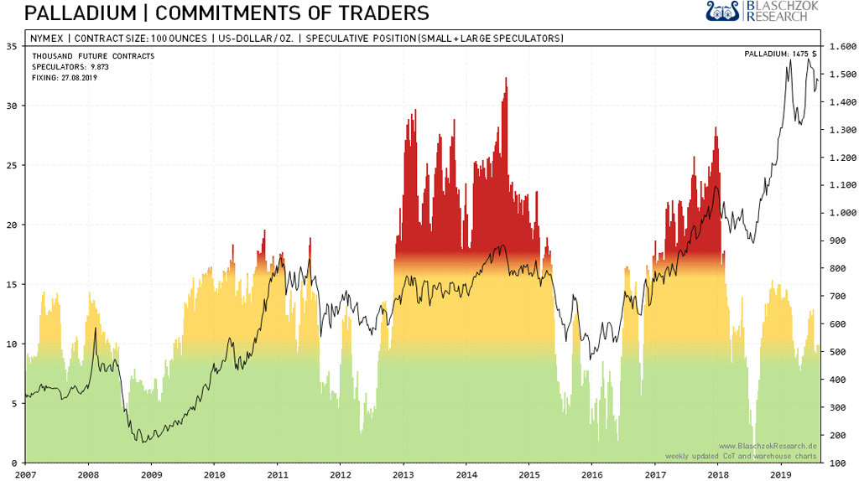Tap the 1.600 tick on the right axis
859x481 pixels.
pyautogui.click(x=841, y=47)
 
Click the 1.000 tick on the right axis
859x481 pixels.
pyautogui.click(x=841, y=213)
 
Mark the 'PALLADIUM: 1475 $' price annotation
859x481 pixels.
pyautogui.click(x=780, y=54)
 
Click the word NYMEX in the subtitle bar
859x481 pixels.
pyautogui.click(x=47, y=39)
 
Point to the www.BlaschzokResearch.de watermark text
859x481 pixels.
pyautogui.click(x=767, y=446)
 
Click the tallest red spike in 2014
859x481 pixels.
pyautogui.click(x=506, y=80)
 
